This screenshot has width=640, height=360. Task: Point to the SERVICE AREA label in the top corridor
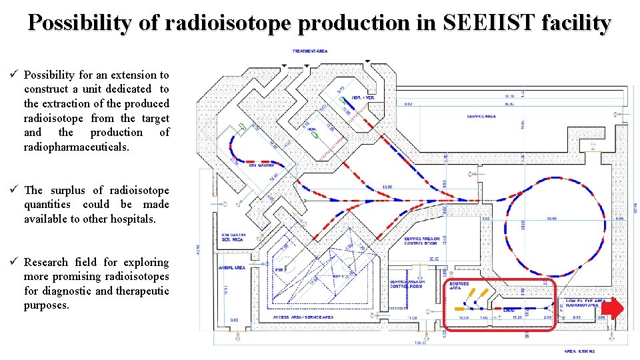click(x=481, y=117)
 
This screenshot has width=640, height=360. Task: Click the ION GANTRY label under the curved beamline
click(x=262, y=165)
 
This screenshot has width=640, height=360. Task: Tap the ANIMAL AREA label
click(x=231, y=267)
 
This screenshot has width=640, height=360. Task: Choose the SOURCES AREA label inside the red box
click(x=459, y=285)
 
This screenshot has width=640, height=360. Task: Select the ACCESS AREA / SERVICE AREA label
click(x=304, y=317)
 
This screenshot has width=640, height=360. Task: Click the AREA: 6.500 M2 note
click(x=579, y=350)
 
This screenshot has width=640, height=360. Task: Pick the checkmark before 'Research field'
click(x=13, y=262)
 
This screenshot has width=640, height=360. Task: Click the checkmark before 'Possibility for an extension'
click(x=13, y=75)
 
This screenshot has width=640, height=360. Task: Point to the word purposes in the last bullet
click(x=46, y=305)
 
